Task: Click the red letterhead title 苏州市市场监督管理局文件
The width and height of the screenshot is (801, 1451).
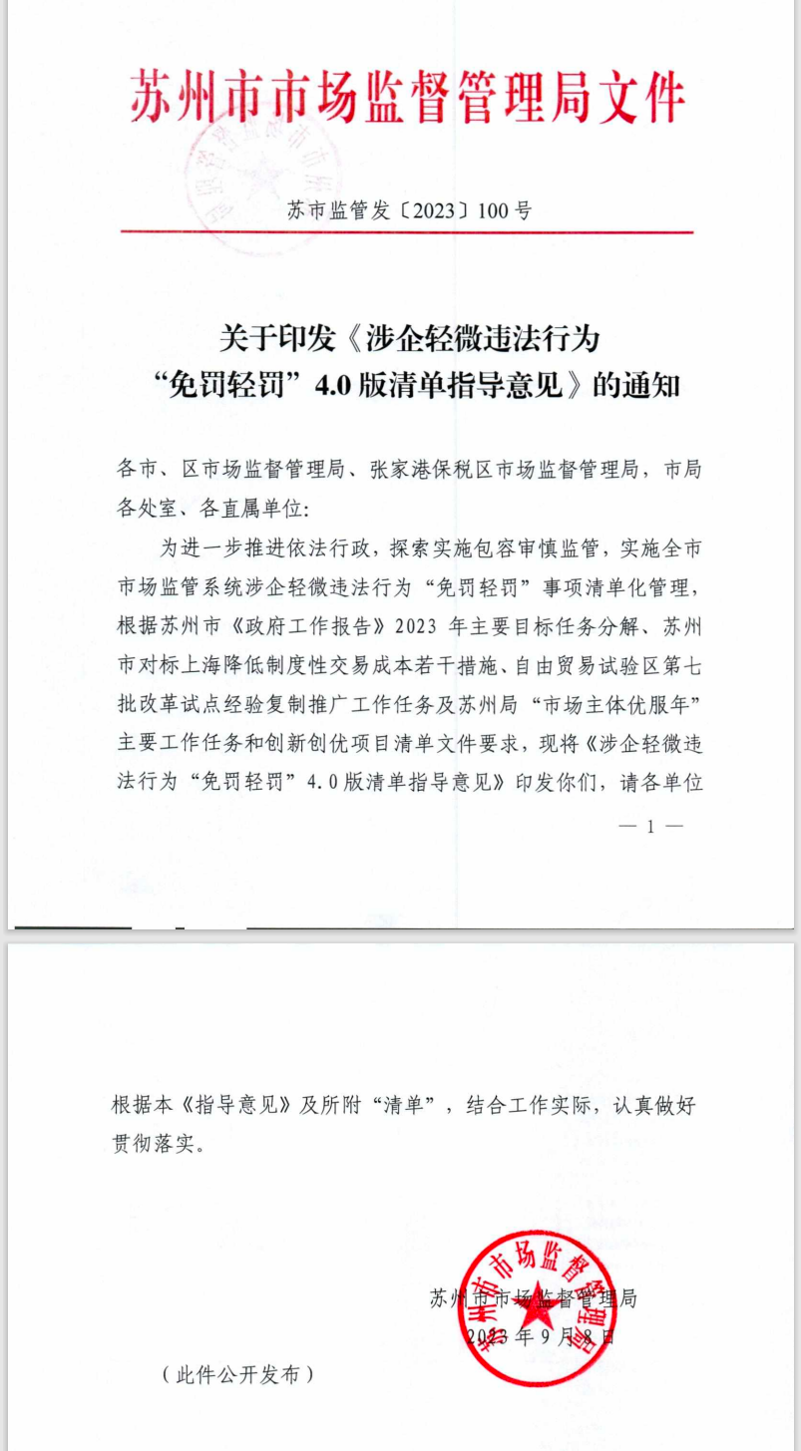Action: coord(407,98)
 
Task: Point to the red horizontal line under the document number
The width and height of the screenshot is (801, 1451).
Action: coord(407,232)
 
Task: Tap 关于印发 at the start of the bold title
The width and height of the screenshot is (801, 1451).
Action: coord(262,339)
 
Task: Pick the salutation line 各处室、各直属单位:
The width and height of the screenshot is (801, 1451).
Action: coord(213,508)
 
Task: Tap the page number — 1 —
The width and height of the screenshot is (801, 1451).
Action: coord(650,826)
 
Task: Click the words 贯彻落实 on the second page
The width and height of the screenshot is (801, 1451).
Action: coord(150,1144)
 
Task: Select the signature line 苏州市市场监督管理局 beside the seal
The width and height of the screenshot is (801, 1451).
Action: coord(533,1297)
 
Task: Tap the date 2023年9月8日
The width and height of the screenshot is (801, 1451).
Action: coord(540,1336)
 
